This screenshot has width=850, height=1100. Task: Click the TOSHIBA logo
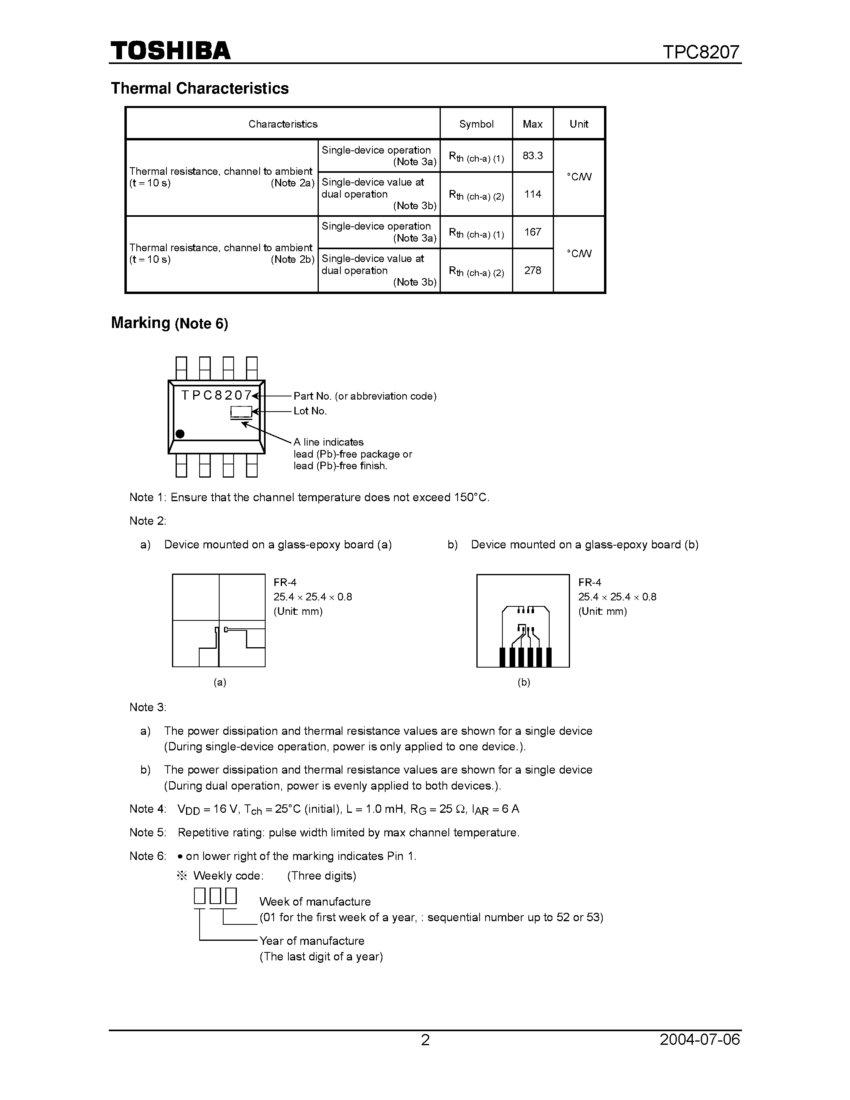point(171,51)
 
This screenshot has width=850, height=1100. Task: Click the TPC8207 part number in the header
point(701,52)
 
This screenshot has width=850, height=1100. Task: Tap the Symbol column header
point(476,124)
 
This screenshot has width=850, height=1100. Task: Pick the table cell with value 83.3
point(532,156)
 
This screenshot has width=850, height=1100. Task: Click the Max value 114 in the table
point(532,194)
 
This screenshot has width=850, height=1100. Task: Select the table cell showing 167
point(532,232)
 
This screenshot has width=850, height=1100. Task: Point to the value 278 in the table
point(532,270)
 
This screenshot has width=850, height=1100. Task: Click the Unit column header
point(578,124)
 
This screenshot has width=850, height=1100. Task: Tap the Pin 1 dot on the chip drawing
point(180,434)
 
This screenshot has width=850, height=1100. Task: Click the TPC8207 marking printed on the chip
point(216,395)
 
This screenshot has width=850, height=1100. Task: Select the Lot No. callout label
point(310,411)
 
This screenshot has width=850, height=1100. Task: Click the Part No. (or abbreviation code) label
point(364,396)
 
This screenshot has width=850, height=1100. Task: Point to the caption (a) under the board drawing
point(220,682)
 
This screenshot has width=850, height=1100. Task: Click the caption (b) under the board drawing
point(524,682)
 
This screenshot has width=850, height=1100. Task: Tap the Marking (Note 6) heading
point(169,323)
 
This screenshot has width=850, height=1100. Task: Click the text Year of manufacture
point(311,941)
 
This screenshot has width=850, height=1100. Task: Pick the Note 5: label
point(148,832)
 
